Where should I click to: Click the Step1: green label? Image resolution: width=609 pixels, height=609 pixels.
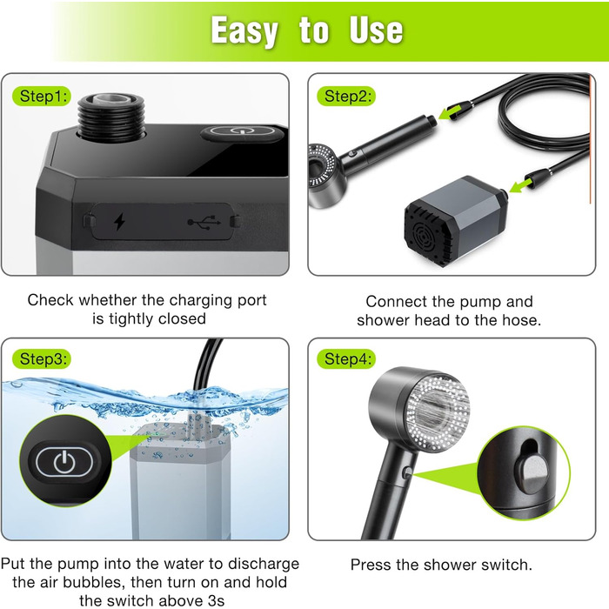[x=42, y=96]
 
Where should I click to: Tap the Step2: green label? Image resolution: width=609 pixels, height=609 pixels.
[x=346, y=96]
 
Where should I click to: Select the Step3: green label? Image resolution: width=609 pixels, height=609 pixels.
[x=42, y=358]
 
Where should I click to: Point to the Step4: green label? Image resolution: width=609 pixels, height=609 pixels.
[x=346, y=358]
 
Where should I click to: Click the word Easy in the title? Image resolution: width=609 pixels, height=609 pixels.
[x=244, y=31]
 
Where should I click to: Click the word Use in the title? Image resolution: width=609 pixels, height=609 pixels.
[x=376, y=30]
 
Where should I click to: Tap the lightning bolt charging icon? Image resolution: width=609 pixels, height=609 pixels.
[x=119, y=221]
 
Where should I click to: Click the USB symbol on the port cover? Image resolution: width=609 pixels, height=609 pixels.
[x=204, y=222]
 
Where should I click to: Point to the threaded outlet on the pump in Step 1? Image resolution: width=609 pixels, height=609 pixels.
[x=111, y=116]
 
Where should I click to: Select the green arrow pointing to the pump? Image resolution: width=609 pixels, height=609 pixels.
[x=520, y=184]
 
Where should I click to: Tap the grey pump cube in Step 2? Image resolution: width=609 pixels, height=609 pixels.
[x=454, y=221]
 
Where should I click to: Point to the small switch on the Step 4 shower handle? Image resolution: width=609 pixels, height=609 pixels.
[x=407, y=472]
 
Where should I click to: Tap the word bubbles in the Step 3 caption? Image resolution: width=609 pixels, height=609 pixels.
[x=95, y=583]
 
